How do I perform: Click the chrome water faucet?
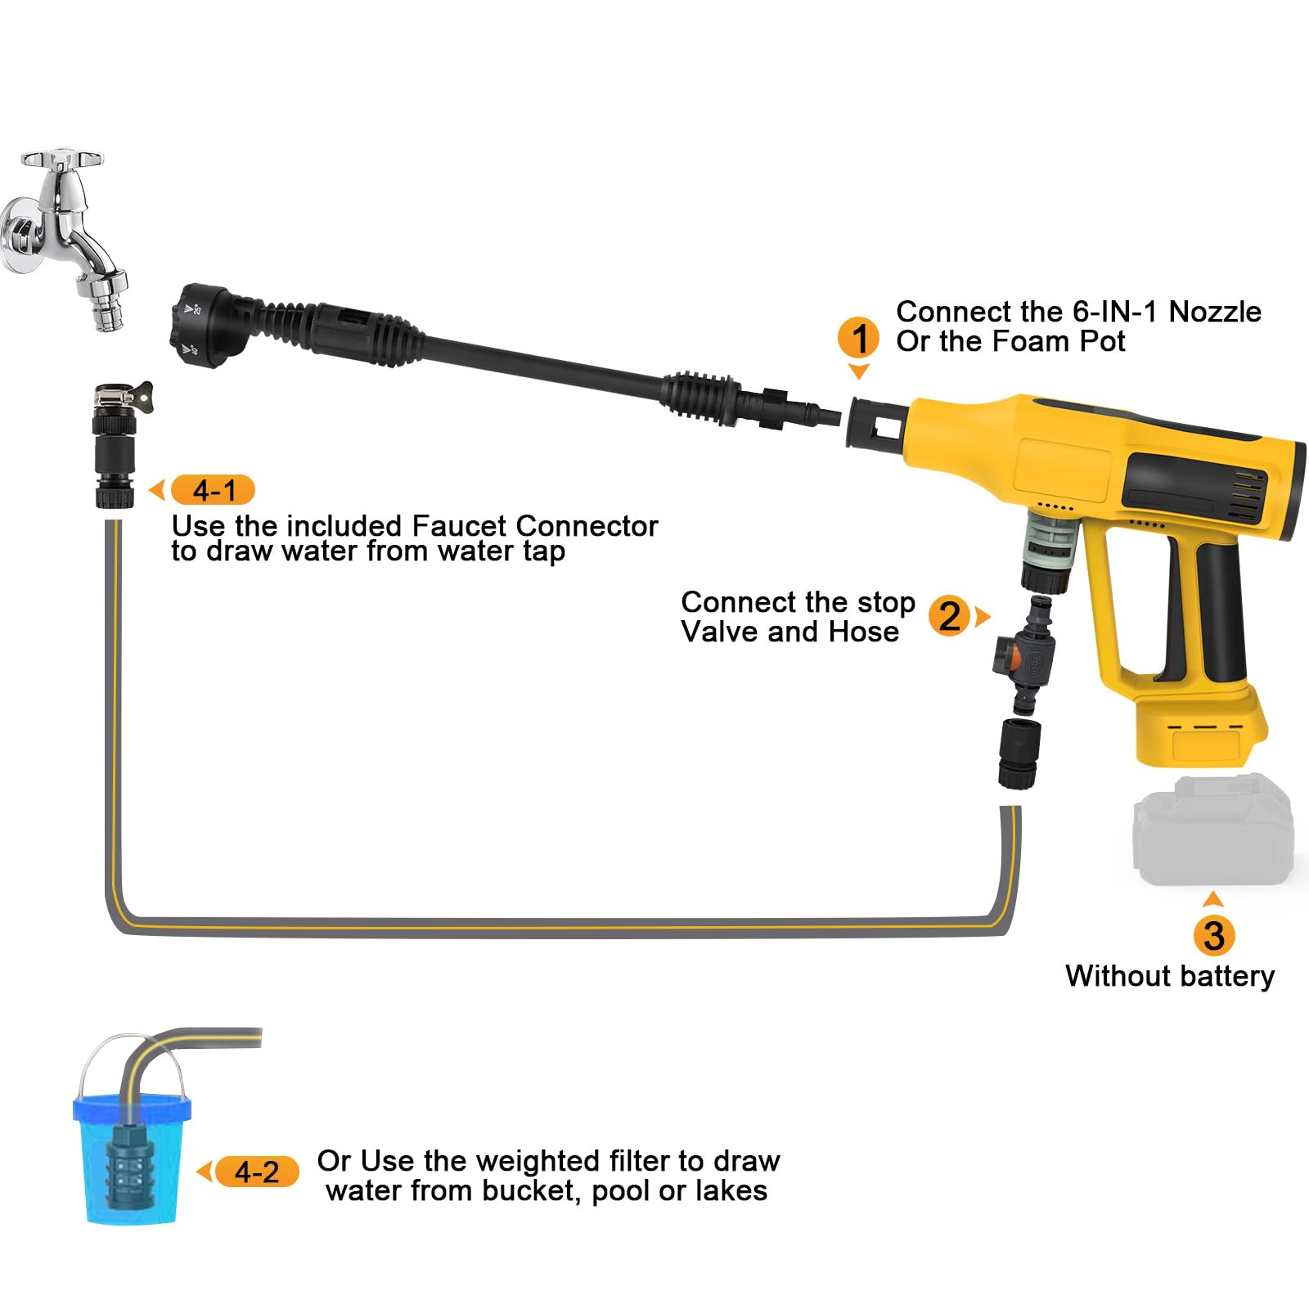tap(65, 237)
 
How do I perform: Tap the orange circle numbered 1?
tap(859, 338)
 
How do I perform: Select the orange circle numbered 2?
tap(949, 616)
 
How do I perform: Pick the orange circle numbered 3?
tap(1214, 936)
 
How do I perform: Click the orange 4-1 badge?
tap(214, 490)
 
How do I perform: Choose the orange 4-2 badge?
tap(257, 1172)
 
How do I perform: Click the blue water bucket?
tap(131, 1145)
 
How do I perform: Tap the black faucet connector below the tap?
tap(116, 446)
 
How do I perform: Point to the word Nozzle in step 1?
tap(1214, 312)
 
